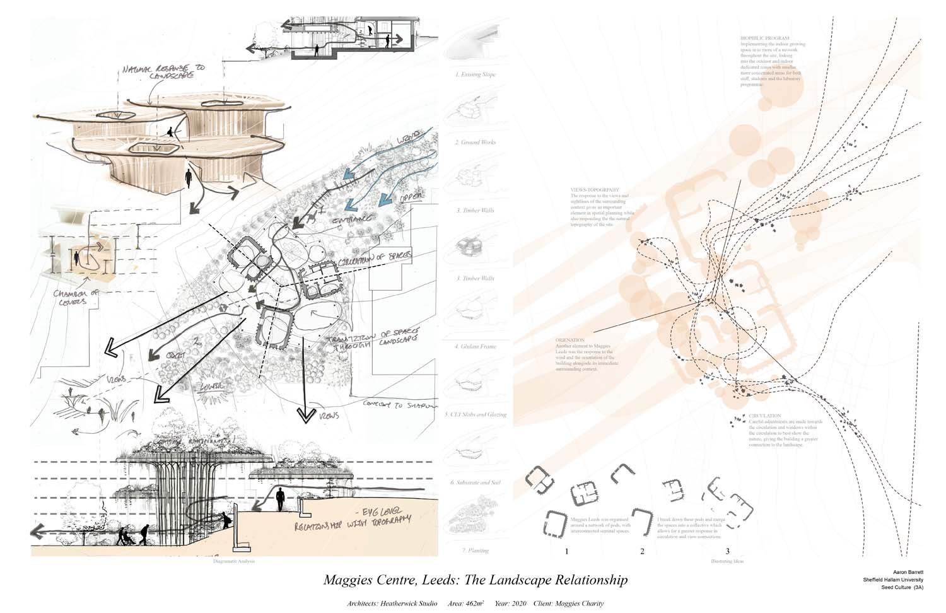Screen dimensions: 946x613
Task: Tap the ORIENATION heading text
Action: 570,340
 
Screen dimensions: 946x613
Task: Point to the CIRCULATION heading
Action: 765,416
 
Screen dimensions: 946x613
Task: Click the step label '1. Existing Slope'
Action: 476,74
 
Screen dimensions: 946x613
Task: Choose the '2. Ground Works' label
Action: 476,143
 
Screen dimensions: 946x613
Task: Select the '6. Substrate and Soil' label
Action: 476,482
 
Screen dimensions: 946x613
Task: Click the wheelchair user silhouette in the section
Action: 124,537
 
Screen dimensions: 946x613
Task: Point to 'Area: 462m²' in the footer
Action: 466,604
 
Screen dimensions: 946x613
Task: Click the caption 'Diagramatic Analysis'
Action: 235,561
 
